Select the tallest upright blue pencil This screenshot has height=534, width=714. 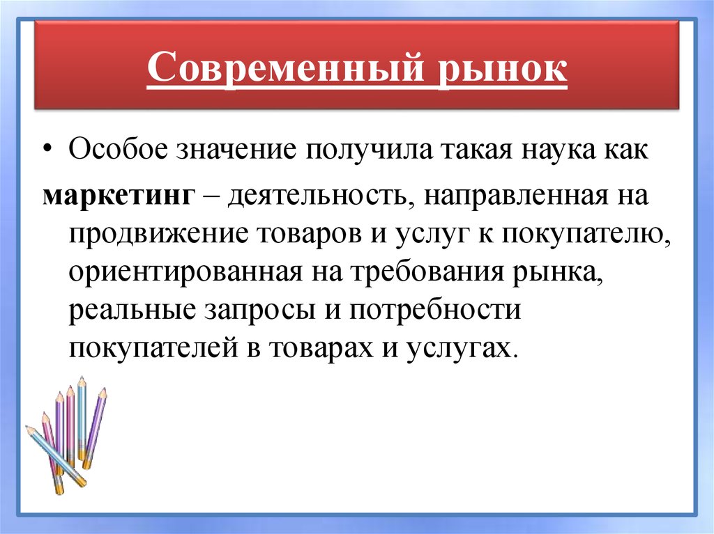tap(82, 418)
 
